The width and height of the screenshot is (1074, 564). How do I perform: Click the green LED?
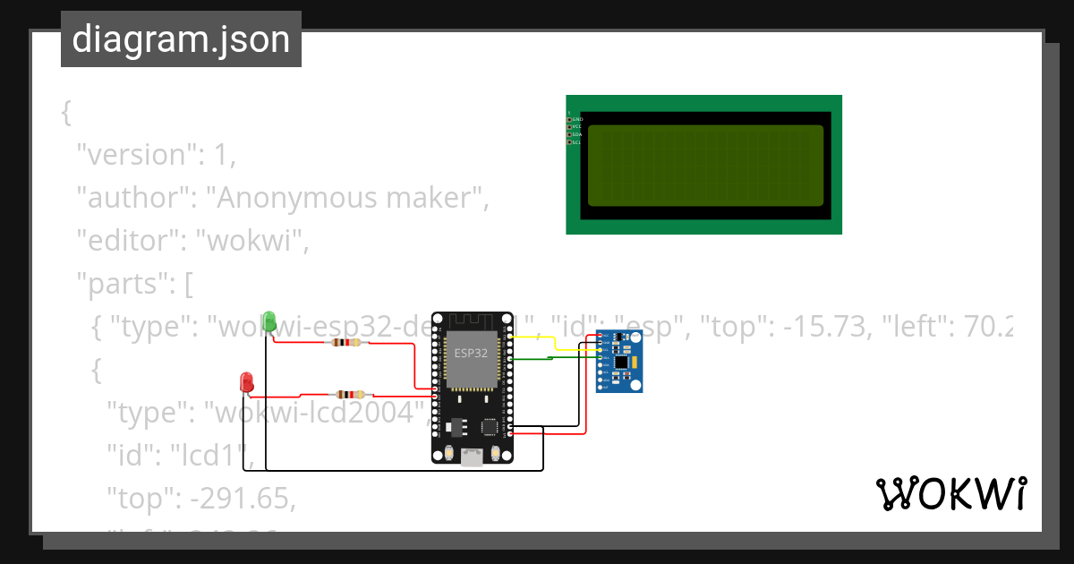[x=268, y=320]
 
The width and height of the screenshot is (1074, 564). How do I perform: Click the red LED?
[x=246, y=381]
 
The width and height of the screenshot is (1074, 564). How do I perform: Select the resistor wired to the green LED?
[x=345, y=342]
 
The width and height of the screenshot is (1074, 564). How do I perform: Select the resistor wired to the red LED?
[x=350, y=394]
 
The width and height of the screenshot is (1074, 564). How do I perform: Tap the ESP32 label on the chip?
[x=471, y=353]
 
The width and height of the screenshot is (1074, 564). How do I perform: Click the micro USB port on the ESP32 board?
[x=471, y=457]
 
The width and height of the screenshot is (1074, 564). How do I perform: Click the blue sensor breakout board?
[x=619, y=361]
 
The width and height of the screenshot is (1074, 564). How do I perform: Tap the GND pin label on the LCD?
[x=577, y=119]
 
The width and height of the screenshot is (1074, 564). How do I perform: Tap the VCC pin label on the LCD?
[x=577, y=127]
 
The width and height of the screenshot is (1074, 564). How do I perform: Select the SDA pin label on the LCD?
[x=577, y=134]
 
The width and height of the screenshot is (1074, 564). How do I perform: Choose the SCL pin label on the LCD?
[x=577, y=142]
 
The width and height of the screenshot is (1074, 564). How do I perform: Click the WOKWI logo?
[x=950, y=494]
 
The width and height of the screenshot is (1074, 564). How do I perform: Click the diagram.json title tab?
[x=181, y=39]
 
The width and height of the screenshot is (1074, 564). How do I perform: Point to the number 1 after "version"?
[x=220, y=154]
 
